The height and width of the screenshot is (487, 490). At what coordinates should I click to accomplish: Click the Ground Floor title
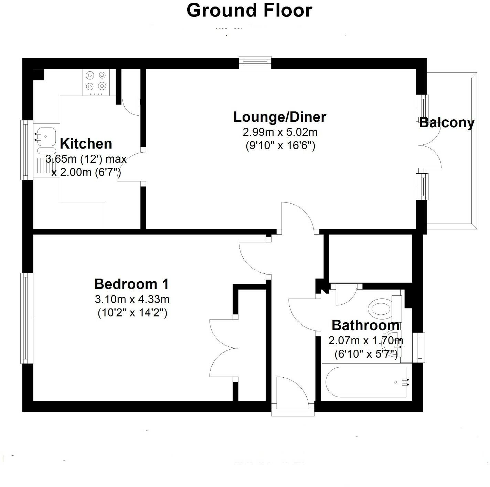[249, 10]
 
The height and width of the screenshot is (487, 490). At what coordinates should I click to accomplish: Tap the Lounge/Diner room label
[279, 117]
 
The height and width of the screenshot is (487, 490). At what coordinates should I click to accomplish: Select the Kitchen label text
[86, 144]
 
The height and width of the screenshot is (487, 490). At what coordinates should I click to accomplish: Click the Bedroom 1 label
[132, 284]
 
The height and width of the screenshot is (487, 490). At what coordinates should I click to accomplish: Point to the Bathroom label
[365, 325]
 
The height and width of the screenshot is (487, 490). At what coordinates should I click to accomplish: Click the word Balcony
[447, 123]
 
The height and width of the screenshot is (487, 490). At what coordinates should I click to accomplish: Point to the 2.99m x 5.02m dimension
[280, 132]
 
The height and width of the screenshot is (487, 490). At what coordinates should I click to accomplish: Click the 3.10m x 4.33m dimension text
[132, 299]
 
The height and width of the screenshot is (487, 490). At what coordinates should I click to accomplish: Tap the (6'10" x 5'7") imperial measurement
[366, 354]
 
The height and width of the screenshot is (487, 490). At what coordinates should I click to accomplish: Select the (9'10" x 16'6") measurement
[280, 146]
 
